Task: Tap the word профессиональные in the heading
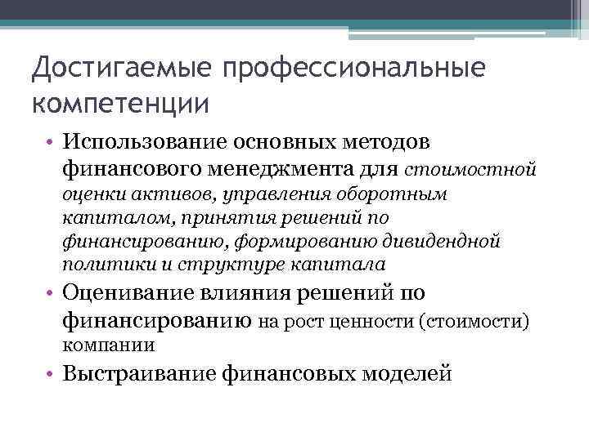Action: click(x=343, y=69)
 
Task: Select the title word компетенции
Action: click(x=121, y=105)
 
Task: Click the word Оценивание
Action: click(x=126, y=293)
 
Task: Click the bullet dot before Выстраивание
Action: click(x=51, y=374)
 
